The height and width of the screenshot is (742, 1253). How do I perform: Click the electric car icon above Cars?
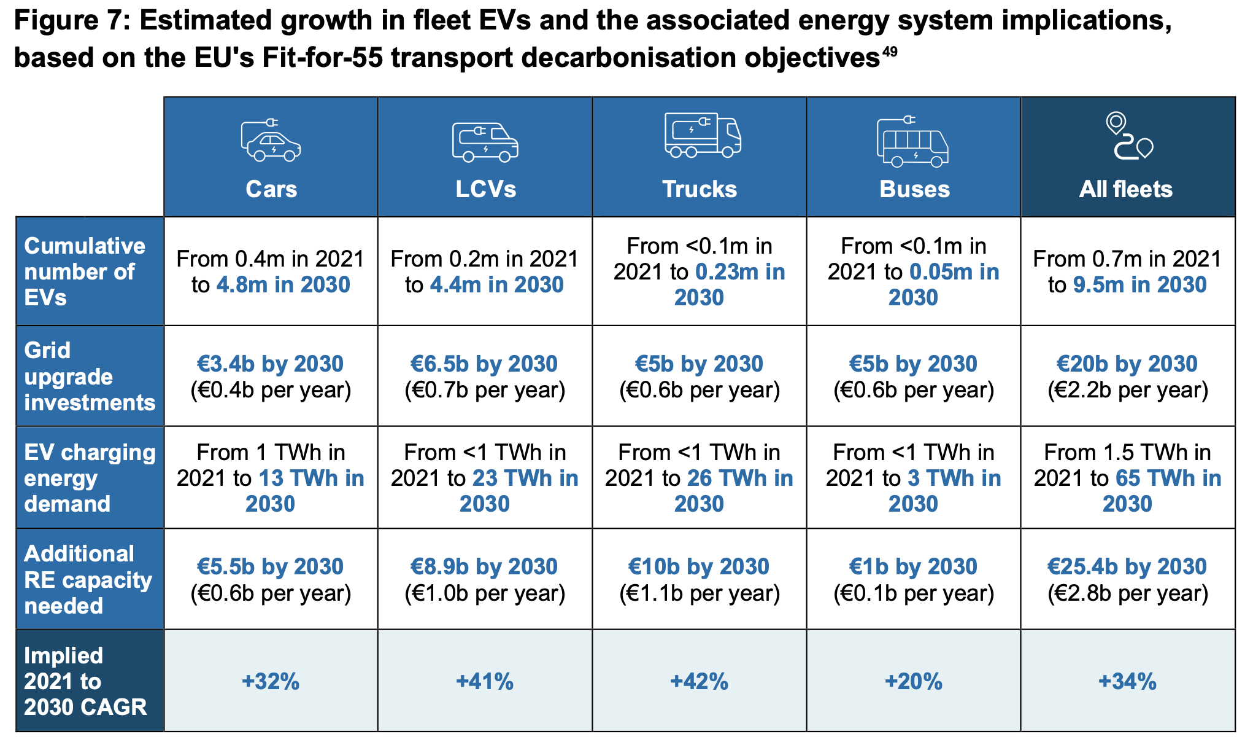[x=271, y=141]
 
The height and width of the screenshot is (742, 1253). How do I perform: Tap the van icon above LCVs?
[x=485, y=142]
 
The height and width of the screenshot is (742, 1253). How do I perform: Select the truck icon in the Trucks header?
[x=703, y=135]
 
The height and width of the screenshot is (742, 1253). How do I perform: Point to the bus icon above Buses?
[x=912, y=142]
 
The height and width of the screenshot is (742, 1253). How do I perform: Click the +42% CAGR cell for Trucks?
[x=699, y=681]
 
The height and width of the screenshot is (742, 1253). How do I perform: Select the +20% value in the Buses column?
[x=913, y=681]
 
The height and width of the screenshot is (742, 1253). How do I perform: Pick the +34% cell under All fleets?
[x=1127, y=681]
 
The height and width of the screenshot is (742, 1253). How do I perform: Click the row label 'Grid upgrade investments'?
[x=89, y=376]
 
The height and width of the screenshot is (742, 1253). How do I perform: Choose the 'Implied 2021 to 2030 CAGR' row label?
[x=85, y=681]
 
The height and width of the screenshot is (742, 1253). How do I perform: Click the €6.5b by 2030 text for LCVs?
[x=484, y=364]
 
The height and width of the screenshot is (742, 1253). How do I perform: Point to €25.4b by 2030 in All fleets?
[x=1127, y=566]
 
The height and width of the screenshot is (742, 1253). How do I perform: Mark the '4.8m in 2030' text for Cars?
[x=283, y=285]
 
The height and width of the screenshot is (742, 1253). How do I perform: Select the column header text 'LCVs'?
[x=485, y=189]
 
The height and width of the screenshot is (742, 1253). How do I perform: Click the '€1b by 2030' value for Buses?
[x=913, y=566]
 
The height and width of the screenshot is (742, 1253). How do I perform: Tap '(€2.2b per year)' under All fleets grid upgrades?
[x=1127, y=390]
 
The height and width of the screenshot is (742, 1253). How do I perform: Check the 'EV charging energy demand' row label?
[x=89, y=478]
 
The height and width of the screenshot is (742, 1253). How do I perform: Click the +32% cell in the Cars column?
[x=271, y=681]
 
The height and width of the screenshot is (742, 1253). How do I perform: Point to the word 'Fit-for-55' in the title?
[x=322, y=58]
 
